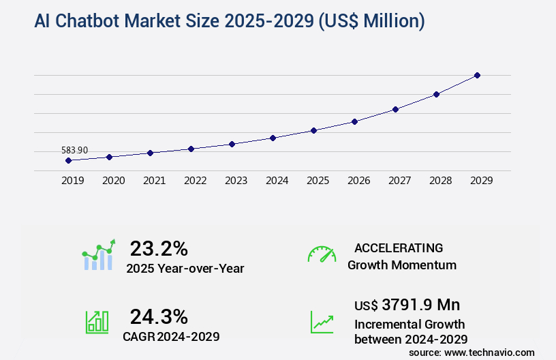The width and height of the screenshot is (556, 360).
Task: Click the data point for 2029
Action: coord(477,75)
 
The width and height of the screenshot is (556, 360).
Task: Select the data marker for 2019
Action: coord(68,161)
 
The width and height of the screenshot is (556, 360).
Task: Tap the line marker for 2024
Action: coord(273,138)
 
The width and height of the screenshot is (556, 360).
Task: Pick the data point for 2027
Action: coord(395,109)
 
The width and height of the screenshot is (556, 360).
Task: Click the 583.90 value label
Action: coord(74,150)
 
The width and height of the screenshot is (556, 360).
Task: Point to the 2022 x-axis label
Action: coord(195,181)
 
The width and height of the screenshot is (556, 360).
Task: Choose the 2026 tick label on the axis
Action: coord(358,181)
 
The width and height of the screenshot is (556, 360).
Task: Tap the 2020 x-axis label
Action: coord(113,181)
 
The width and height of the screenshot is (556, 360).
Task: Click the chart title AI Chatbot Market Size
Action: coord(230,22)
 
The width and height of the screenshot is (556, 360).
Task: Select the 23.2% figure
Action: coord(159,248)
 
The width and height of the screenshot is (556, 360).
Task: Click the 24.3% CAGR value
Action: coord(159,316)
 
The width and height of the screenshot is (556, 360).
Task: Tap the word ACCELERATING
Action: coord(399,247)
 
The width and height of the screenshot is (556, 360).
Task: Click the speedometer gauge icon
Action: coord(322,254)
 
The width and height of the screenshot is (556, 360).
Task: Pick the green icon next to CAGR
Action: coord(97,322)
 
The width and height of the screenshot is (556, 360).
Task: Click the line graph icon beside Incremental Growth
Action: coord(322,322)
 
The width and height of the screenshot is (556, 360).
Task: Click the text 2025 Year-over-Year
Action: coord(185,269)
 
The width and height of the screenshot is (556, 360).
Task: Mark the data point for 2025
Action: coord(313,130)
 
